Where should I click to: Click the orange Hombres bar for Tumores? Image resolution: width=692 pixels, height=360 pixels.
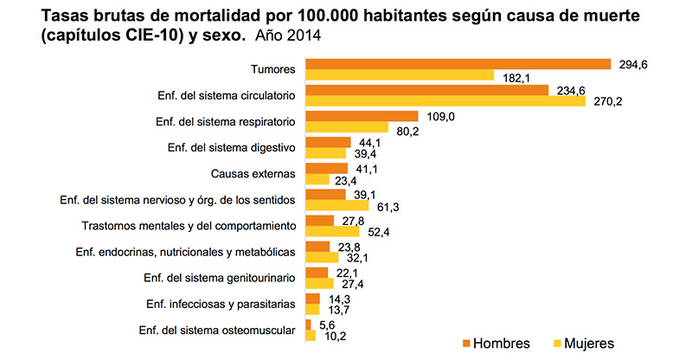click(x=458, y=64)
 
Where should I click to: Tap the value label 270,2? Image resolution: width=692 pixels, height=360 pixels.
click(x=605, y=102)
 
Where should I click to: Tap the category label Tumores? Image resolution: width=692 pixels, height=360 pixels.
click(x=274, y=69)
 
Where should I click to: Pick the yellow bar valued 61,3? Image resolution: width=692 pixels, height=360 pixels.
click(x=337, y=206)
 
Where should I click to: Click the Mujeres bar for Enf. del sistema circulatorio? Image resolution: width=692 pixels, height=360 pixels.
click(x=445, y=102)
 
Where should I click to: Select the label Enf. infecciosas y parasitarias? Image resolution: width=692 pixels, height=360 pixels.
click(x=221, y=303)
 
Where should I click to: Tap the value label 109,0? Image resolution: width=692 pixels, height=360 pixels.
click(x=438, y=115)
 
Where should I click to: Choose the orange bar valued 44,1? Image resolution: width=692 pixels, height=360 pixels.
click(x=328, y=142)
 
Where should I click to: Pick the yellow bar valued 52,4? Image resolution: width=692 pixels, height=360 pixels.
click(x=332, y=232)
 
